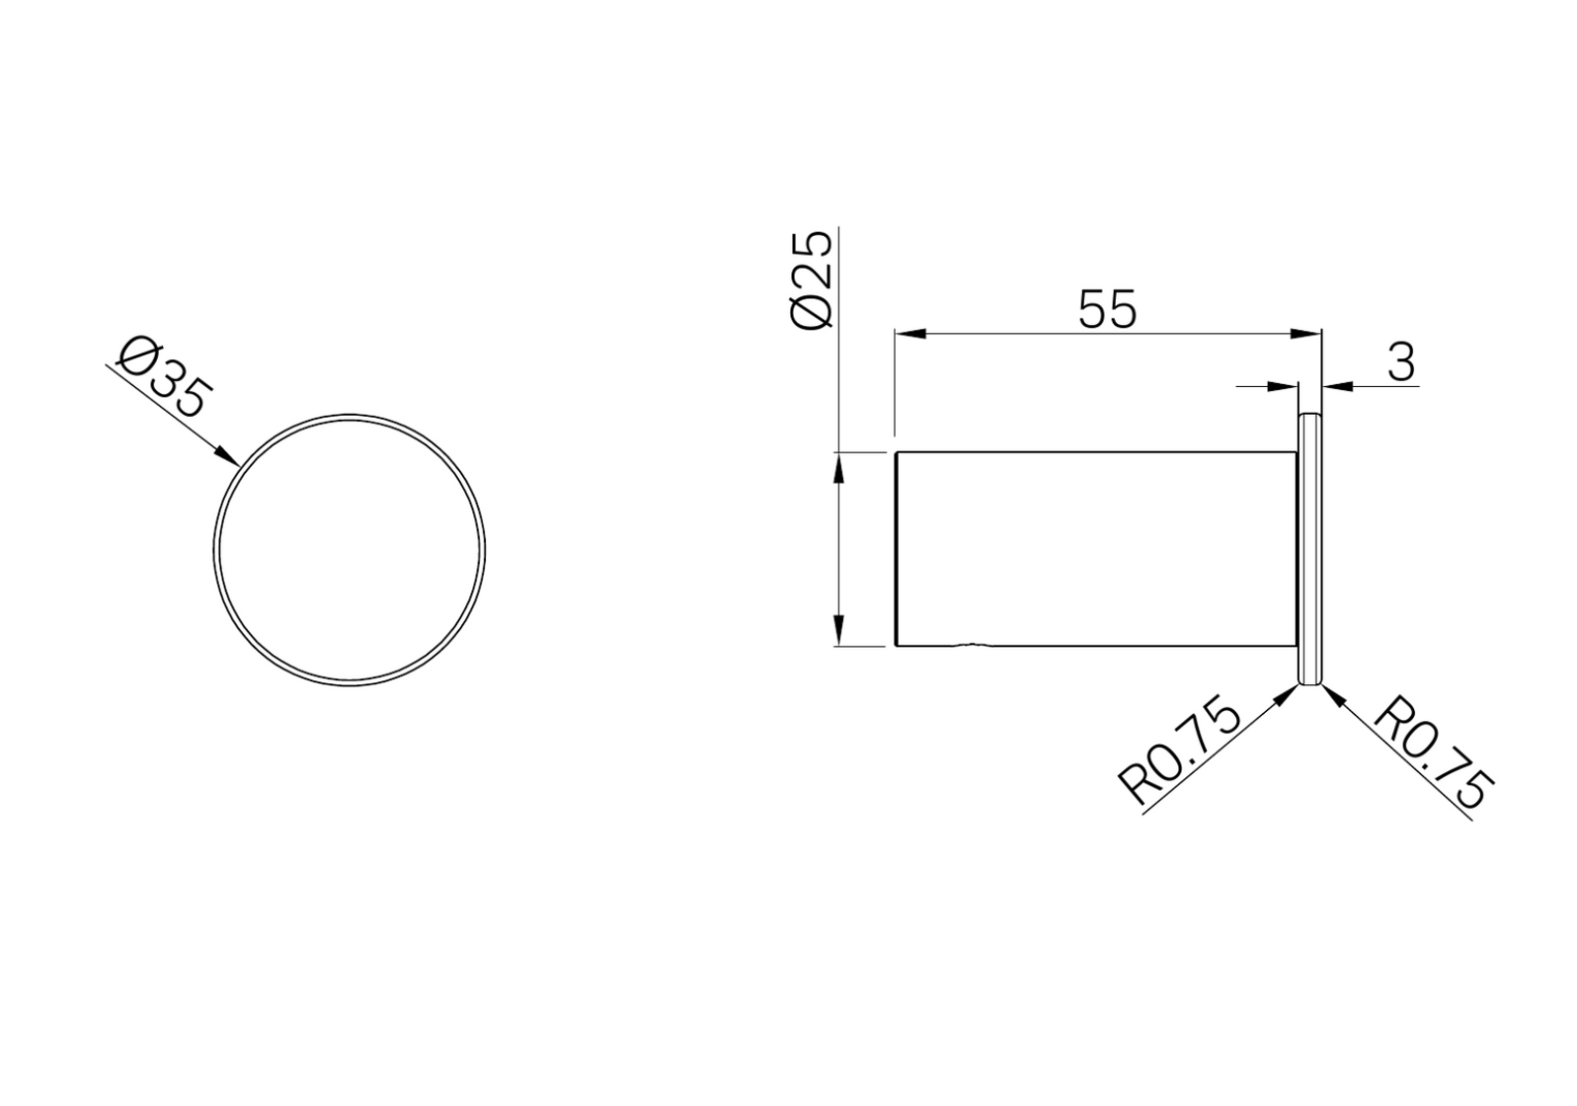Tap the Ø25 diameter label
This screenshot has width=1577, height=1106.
[x=812, y=279]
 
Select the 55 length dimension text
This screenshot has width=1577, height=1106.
[x=1107, y=308]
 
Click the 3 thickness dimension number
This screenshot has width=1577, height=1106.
[x=1401, y=363]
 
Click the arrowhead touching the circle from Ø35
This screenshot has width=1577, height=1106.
[x=227, y=456]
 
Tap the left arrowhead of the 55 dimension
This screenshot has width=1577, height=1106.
[x=909, y=335]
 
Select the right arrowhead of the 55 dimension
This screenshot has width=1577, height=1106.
[x=1306, y=335]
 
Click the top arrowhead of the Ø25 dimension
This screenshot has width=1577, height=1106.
[x=838, y=468]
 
